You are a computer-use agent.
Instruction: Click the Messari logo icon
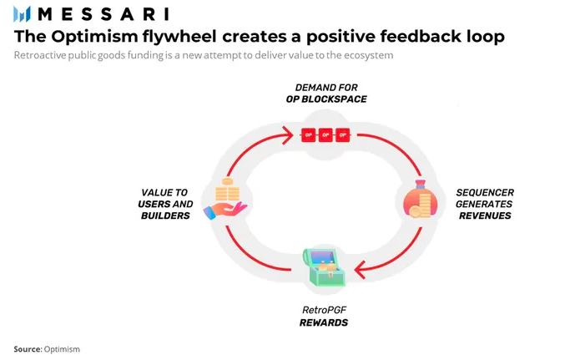[x=22, y=14]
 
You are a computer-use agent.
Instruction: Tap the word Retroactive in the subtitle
[x=40, y=55]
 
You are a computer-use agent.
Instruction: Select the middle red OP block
[x=325, y=135]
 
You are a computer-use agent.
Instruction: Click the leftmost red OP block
[x=309, y=135]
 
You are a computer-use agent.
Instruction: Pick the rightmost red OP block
[x=343, y=135]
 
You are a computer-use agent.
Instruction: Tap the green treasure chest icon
[x=324, y=267]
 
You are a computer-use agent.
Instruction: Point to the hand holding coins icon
[x=225, y=199]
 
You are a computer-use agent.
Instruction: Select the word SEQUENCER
[x=485, y=193]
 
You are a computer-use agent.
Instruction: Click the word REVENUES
[x=485, y=215]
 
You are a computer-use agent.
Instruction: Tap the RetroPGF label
[x=325, y=310]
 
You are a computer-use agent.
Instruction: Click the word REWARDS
[x=324, y=322]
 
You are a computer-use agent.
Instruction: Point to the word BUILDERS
[x=165, y=215]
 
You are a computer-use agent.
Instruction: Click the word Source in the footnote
[x=28, y=349]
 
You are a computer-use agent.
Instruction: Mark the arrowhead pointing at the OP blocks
[x=288, y=135]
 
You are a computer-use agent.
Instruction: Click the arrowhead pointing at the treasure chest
[x=360, y=270]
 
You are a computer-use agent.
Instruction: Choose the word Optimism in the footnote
[x=62, y=349]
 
